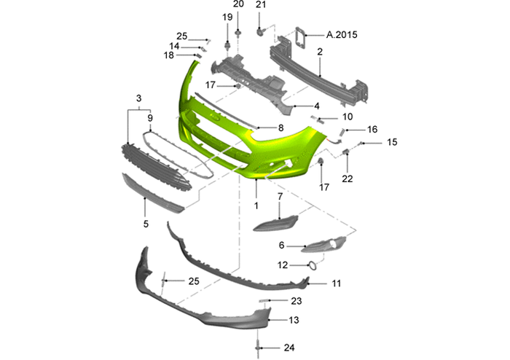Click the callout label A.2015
[x=342, y=35]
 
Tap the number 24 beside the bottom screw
[x=289, y=348]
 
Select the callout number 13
[x=294, y=320]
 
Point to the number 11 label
[x=337, y=283]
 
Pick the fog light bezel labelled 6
[x=323, y=245]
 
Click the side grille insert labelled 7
[x=276, y=223]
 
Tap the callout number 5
[x=146, y=224]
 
